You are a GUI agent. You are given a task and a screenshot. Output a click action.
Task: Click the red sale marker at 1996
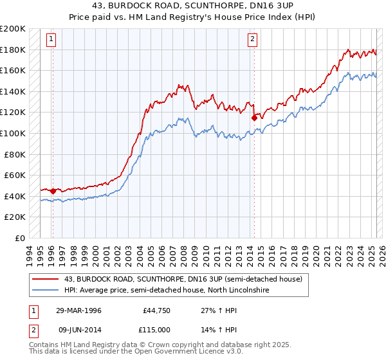tap(53, 191)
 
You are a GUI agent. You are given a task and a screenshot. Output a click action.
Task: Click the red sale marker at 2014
tap(255, 118)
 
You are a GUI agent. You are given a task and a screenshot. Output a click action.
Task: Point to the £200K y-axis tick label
tap(13, 29)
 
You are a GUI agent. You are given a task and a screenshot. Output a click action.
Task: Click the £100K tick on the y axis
tap(13, 133)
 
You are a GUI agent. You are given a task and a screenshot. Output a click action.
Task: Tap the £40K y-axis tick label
tap(15, 196)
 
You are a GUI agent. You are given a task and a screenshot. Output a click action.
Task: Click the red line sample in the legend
tap(45, 279)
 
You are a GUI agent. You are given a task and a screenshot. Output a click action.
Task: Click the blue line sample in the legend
tap(45, 291)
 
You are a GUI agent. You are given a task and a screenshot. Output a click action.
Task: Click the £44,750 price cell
tap(155, 310)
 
